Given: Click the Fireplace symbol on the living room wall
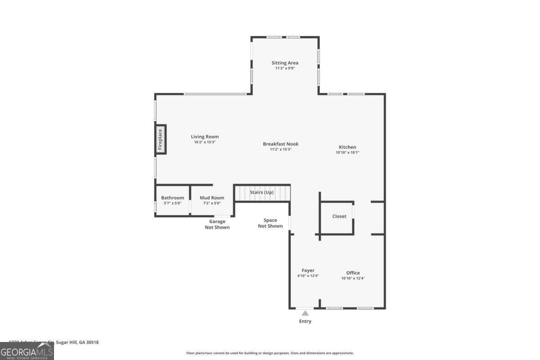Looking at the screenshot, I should [160, 139].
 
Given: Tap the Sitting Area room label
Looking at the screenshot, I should [285, 63].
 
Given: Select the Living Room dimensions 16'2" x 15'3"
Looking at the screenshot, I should [205, 142].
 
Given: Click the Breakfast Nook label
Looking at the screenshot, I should [281, 144].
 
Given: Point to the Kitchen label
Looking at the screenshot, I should [347, 147].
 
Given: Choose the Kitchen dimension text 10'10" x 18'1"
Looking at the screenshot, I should [347, 153].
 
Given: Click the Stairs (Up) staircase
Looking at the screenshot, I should [262, 193].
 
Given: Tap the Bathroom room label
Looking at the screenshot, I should [173, 198].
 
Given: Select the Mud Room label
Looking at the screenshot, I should [212, 198].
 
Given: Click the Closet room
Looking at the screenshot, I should [339, 216].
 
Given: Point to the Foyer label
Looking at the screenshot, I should [308, 270].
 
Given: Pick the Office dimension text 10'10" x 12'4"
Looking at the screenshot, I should [353, 278].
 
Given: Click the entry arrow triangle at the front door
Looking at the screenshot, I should [305, 313].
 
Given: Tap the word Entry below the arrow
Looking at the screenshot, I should [305, 321].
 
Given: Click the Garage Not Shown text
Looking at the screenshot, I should [217, 224].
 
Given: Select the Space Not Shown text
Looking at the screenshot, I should [270, 223].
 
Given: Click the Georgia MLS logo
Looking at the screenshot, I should [27, 351].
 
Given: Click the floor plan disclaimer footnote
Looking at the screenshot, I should [270, 353].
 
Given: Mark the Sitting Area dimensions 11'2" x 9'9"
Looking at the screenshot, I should [285, 68].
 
